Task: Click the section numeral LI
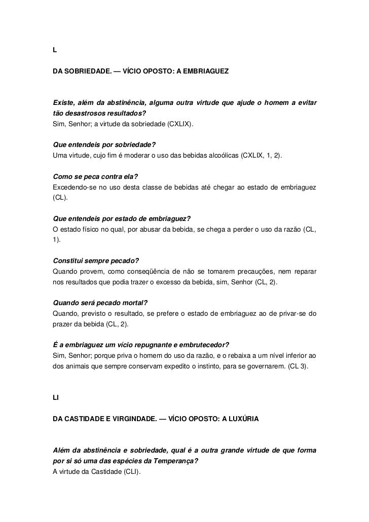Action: (56, 398)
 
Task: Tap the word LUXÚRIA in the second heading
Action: (240, 420)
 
